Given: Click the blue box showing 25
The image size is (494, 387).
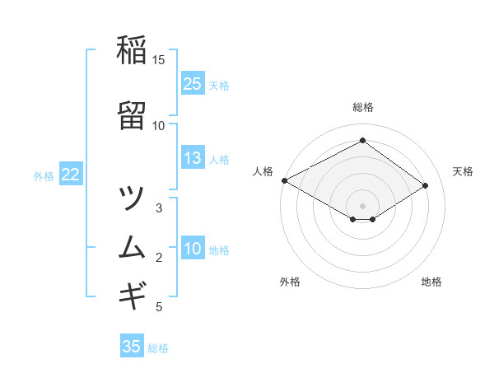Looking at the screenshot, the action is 193,83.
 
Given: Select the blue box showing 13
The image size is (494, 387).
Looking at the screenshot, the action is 193,158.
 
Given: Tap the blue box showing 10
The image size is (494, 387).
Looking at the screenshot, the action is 193,249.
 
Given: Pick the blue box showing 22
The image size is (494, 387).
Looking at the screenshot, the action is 71,175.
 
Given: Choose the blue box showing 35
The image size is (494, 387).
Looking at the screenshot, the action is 132,347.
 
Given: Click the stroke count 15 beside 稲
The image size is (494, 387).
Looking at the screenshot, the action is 159,60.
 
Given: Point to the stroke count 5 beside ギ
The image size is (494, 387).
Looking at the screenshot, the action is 159,307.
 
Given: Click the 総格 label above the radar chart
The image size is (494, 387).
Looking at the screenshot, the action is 363,108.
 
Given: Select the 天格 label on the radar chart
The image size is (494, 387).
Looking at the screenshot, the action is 463,171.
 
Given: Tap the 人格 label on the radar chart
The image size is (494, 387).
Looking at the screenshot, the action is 263,171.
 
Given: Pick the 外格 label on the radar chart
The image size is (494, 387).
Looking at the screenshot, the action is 290,282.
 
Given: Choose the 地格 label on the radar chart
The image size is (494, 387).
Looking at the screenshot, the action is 431,282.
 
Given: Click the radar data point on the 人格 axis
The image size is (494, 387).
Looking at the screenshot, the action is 284,180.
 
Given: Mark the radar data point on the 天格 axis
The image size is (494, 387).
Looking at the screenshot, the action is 425,185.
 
